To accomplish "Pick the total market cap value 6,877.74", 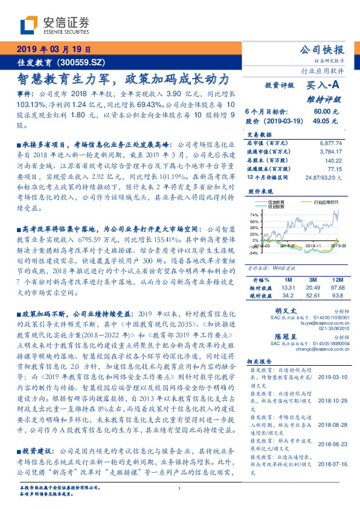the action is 330,141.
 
